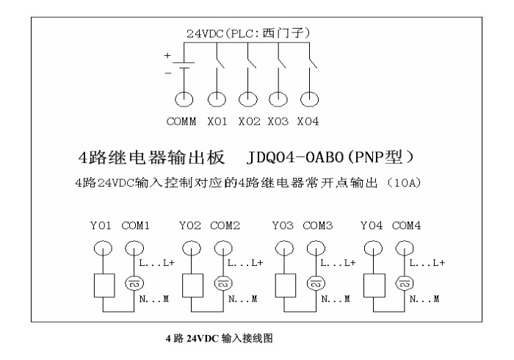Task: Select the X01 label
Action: [217, 120]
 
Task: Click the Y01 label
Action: [101, 226]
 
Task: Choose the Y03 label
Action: [283, 226]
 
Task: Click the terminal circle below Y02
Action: [193, 248]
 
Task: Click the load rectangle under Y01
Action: [103, 284]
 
